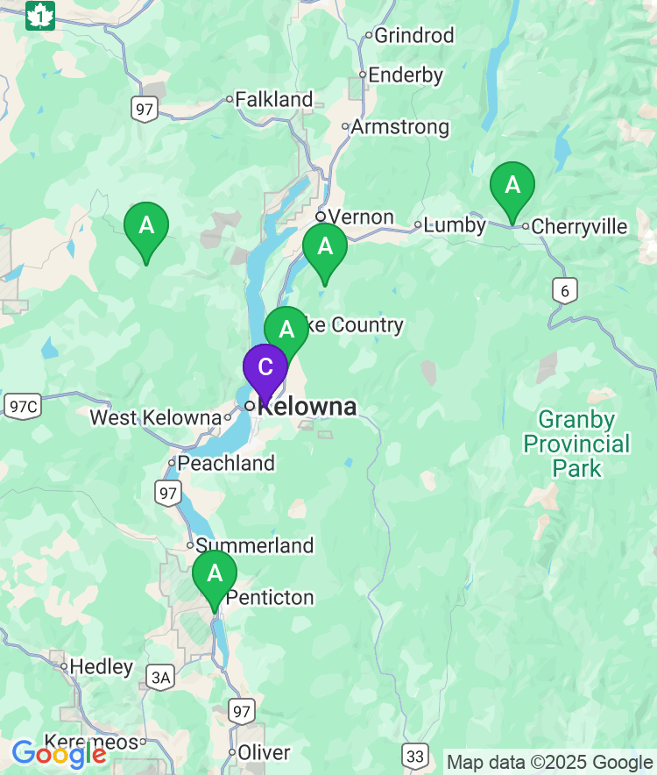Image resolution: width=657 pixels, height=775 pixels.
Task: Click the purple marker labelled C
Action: [265, 368]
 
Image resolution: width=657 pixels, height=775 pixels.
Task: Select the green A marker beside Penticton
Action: [215, 575]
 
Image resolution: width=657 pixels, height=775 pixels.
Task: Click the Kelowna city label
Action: [307, 407]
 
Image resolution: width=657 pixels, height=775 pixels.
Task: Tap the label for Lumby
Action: [455, 225]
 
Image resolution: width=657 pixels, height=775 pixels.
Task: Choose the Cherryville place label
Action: [580, 227]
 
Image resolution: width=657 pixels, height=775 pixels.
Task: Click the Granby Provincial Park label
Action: [576, 444]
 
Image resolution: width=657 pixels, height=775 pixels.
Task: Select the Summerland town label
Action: [255, 545]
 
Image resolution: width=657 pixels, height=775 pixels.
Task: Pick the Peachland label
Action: [227, 463]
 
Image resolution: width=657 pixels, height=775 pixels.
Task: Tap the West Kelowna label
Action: [156, 417]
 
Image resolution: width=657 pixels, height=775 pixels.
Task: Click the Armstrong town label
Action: [400, 127]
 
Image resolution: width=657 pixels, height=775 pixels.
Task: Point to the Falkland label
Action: [274, 100]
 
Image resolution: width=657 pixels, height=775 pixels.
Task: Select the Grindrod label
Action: [414, 36]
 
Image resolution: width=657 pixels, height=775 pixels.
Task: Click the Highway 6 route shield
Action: [565, 291]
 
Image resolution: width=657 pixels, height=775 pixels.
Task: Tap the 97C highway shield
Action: [22, 406]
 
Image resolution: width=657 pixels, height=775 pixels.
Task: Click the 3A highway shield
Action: [161, 677]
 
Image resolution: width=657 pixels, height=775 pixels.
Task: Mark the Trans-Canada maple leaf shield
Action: [40, 15]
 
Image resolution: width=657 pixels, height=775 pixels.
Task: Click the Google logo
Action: [59, 753]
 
